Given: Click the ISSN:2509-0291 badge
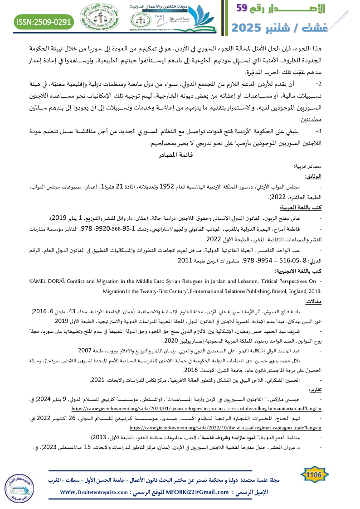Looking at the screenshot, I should pyautogui.click(x=44, y=21).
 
